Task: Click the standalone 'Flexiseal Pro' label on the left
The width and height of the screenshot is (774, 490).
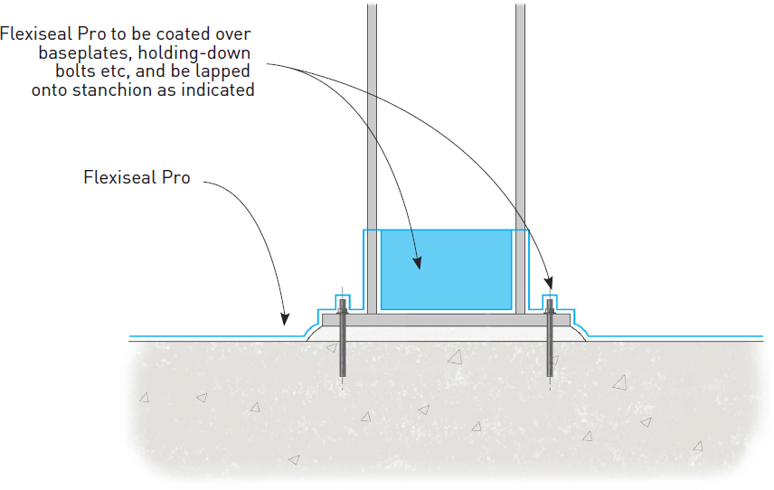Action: click(137, 177)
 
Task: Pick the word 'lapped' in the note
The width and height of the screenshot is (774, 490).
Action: click(225, 71)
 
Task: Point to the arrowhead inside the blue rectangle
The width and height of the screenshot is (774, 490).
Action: click(417, 263)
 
